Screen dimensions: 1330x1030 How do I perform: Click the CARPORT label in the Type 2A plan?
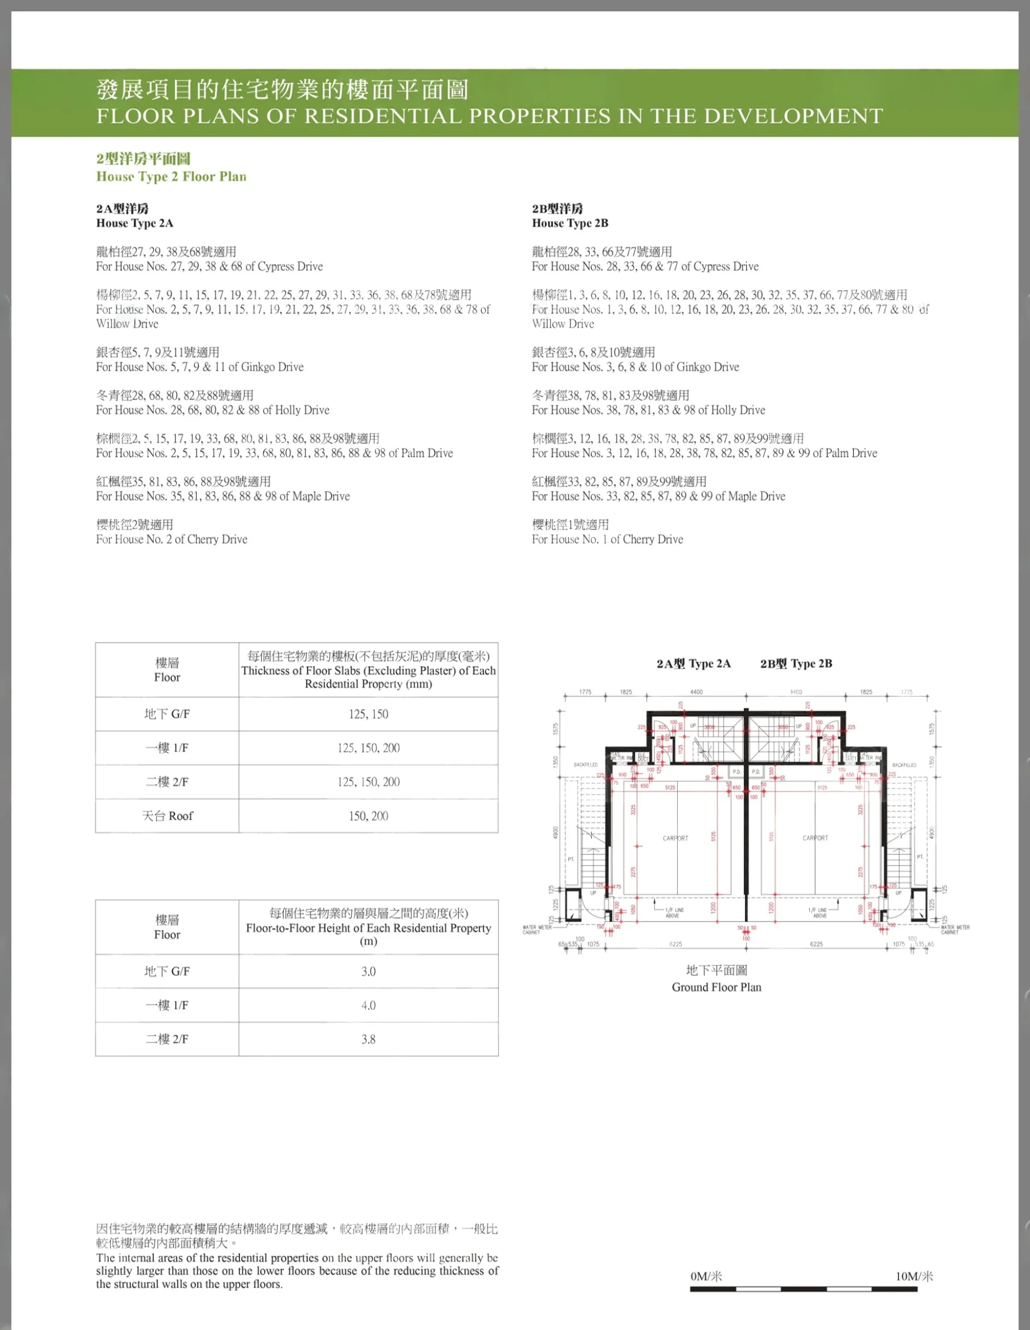click(675, 839)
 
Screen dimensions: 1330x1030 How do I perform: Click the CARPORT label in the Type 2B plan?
click(815, 838)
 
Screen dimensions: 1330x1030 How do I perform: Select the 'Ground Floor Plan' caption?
click(716, 987)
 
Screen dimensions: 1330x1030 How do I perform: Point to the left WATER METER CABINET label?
click(537, 930)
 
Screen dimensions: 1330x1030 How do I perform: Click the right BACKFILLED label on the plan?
click(904, 765)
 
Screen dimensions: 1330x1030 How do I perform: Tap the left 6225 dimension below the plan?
click(675, 944)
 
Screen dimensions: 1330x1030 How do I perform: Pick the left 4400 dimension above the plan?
click(697, 692)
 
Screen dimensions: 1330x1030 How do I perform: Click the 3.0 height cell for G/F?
click(368, 971)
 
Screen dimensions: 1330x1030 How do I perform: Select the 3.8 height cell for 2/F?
click(368, 1039)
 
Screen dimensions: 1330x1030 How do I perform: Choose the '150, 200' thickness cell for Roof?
click(368, 816)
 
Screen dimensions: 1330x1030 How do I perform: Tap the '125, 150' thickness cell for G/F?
click(368, 714)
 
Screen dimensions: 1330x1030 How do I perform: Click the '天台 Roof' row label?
click(168, 816)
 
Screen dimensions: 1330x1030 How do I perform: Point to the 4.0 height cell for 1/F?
click(368, 1006)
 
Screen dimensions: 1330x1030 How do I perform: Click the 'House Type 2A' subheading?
click(135, 223)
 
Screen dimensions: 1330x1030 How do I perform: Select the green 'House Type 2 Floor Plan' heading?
click(171, 177)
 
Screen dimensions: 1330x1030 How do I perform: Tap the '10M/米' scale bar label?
click(914, 1276)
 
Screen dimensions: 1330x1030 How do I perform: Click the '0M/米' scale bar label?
click(706, 1276)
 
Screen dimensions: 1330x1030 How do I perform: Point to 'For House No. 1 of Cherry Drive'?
click(607, 539)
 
